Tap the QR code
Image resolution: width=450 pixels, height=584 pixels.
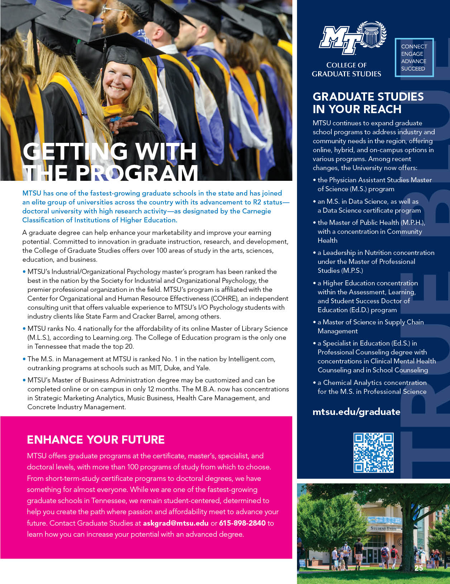[x=373, y=453]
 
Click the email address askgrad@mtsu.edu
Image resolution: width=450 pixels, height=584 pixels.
[x=176, y=523]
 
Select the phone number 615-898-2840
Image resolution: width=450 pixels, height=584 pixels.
[x=242, y=523]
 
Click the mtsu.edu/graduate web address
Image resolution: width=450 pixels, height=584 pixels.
[x=356, y=412]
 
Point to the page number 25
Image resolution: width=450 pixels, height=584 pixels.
[x=418, y=568]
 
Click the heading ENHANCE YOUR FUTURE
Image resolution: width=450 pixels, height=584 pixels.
[x=96, y=440]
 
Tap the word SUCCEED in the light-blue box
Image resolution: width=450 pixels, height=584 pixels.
[x=413, y=69]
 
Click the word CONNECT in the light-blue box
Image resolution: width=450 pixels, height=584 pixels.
[x=414, y=47]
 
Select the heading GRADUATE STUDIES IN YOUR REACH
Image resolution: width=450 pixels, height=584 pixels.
[x=368, y=103]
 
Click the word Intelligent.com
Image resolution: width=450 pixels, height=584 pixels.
[x=252, y=359]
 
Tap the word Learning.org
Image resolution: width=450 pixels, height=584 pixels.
[x=113, y=338]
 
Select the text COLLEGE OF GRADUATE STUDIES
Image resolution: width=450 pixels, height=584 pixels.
[x=346, y=69]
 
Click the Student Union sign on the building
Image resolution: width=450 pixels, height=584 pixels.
[x=383, y=528]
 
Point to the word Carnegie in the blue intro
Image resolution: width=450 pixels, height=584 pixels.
[x=256, y=211]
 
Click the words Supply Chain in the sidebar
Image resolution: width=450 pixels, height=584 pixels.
[x=404, y=322]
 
